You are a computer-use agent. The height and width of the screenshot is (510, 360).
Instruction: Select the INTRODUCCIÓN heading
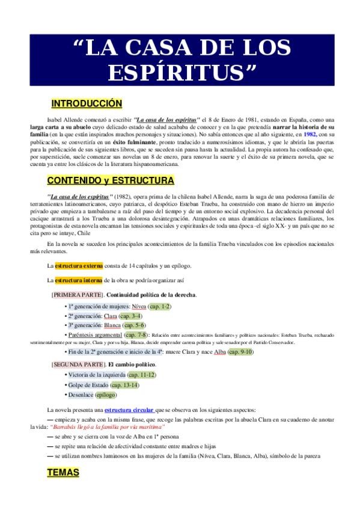[87, 103]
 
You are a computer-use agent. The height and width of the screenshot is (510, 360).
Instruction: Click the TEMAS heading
[63, 473]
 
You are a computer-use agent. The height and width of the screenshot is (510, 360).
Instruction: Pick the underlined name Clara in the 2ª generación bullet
[109, 315]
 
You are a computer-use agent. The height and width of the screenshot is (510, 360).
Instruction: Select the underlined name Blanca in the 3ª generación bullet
[113, 324]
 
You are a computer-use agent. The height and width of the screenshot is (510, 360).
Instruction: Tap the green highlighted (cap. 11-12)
[138, 375]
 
